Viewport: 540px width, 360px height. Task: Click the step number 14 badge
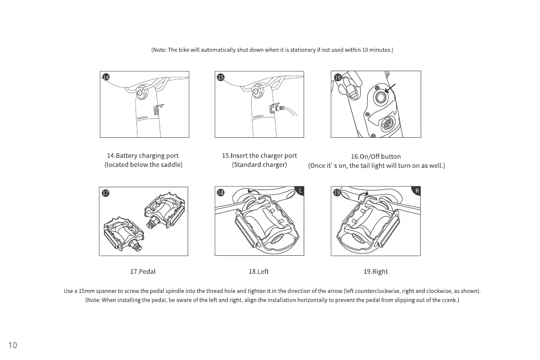click(105, 77)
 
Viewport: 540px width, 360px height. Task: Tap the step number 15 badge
click(220, 77)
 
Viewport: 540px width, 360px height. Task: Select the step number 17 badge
click(105, 193)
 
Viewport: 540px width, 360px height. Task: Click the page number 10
click(13, 345)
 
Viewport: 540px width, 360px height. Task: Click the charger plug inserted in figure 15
click(276, 109)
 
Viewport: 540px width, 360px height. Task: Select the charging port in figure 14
click(156, 109)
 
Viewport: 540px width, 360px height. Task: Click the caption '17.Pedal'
click(143, 272)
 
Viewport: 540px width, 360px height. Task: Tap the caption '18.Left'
click(258, 272)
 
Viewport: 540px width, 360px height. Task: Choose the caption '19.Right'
click(375, 272)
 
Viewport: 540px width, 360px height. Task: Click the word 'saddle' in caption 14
click(170, 165)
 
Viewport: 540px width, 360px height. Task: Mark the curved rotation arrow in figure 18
click(254, 192)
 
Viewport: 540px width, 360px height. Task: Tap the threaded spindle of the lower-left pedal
click(136, 245)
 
